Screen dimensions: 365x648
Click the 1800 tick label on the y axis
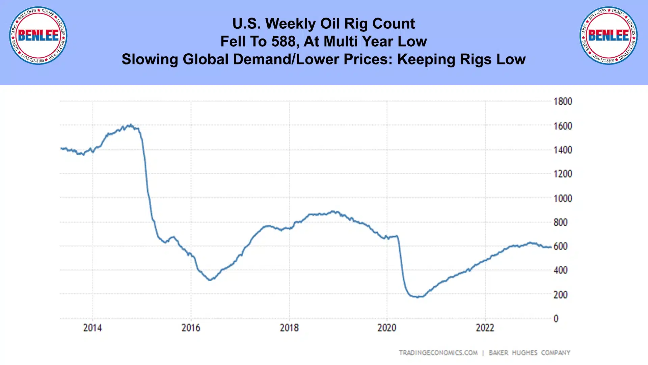click(x=563, y=102)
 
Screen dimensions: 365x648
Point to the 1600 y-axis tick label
click(x=563, y=126)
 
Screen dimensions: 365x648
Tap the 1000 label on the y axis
click(x=563, y=199)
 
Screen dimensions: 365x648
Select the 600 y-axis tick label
click(x=560, y=246)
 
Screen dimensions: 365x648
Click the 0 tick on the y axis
click(x=556, y=319)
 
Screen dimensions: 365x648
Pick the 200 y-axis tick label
click(x=560, y=295)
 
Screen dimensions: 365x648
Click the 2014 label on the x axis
click(x=92, y=328)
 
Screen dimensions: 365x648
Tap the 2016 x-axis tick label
click(x=191, y=328)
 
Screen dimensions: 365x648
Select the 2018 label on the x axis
click(x=289, y=328)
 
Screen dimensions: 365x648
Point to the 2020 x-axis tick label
click(x=387, y=328)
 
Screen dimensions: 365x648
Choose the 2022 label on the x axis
click(x=485, y=328)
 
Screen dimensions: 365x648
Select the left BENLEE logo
click(x=38, y=35)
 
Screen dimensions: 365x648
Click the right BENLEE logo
click(x=609, y=35)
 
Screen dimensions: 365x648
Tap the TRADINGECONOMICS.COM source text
click(x=438, y=353)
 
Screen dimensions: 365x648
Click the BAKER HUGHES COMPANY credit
click(x=529, y=353)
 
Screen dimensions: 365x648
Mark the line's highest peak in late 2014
click(x=131, y=125)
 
